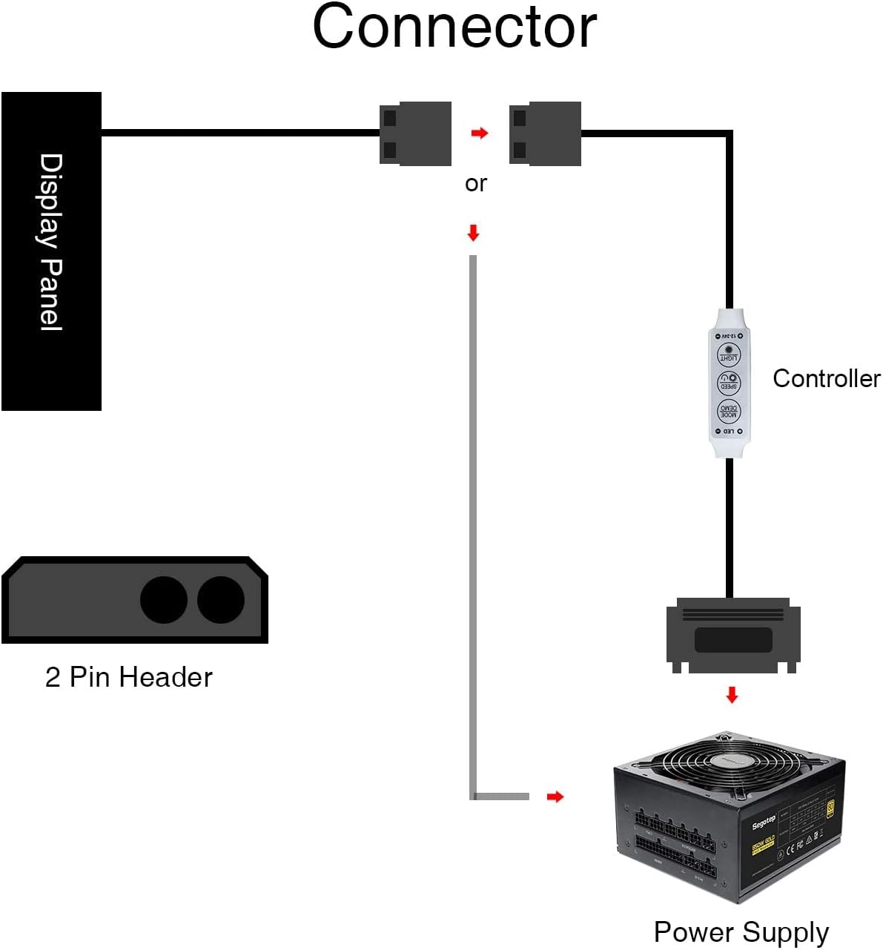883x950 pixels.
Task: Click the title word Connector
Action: pos(454,27)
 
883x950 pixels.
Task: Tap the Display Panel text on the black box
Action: pos(50,242)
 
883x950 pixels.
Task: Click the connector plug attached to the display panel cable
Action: pos(415,133)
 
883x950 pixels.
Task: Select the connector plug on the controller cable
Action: pos(545,133)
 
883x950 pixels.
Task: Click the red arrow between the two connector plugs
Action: pos(480,133)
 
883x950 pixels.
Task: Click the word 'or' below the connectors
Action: pos(475,183)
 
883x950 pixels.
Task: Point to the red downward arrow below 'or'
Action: pos(473,233)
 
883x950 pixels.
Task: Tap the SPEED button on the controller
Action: pos(729,383)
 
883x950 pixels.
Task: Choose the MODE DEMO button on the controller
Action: pos(729,412)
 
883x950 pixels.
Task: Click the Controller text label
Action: pos(826,378)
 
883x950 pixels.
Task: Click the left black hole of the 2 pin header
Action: pos(164,600)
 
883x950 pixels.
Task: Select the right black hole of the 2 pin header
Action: pos(221,600)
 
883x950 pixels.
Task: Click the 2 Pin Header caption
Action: pos(128,677)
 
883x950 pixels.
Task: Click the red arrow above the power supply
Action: pos(732,695)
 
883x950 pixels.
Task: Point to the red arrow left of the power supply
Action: pos(555,796)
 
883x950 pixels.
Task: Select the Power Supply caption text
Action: pos(741,931)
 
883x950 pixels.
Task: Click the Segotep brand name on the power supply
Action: pos(764,822)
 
